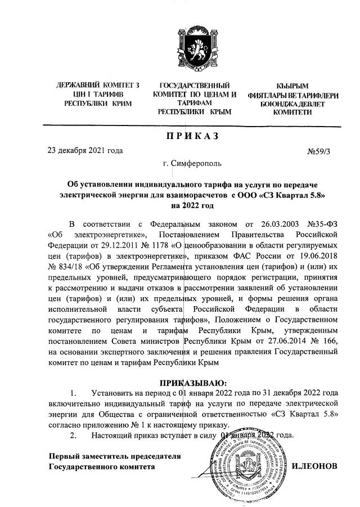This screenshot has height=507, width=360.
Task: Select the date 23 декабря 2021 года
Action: tap(85, 150)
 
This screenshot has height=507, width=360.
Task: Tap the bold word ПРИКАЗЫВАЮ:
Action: tap(193, 382)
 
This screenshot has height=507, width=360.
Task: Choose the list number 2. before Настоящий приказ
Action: tap(73, 435)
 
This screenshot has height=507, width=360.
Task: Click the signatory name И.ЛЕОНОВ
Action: tap(315, 467)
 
